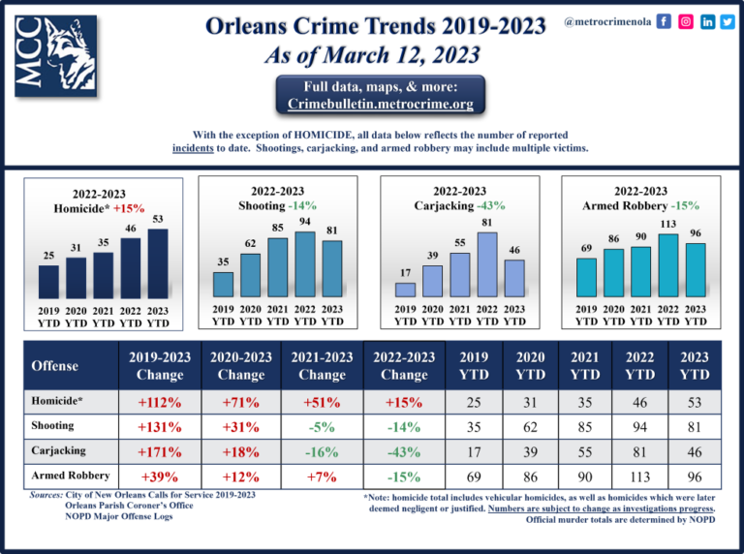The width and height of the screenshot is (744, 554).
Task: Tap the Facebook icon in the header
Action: [x=664, y=21]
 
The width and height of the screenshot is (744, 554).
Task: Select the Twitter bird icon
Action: [x=728, y=21]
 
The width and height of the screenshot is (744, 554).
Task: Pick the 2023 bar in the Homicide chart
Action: [x=158, y=263]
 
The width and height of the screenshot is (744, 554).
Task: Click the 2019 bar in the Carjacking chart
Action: [x=406, y=289]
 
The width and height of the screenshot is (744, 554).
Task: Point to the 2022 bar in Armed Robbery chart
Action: [x=667, y=265]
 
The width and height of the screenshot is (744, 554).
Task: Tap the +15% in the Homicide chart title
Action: [x=129, y=208]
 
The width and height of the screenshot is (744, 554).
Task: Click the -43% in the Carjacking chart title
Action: [x=491, y=205]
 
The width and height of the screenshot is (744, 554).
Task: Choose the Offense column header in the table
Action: [x=55, y=365]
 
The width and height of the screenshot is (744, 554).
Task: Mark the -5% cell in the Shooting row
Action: [x=321, y=426]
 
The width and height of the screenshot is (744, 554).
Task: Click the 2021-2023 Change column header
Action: [x=321, y=365]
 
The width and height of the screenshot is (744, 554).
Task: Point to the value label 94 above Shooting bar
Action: [x=305, y=222]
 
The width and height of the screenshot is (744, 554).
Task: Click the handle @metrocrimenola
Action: [x=606, y=21]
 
